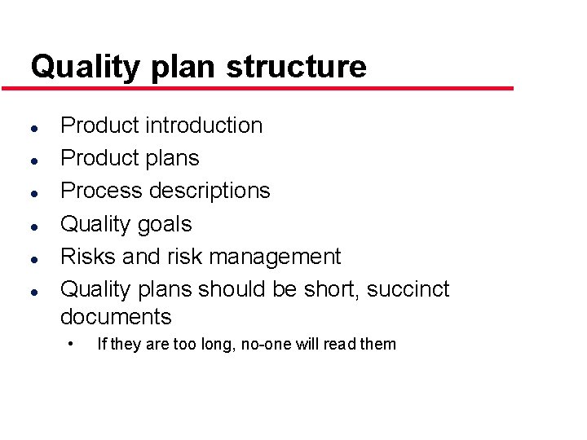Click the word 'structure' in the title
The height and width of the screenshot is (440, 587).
pyautogui.click(x=297, y=67)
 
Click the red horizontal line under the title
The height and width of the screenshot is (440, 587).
pyautogui.click(x=269, y=88)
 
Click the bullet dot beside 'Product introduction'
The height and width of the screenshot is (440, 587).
pyautogui.click(x=29, y=128)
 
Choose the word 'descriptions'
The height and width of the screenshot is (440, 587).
pyautogui.click(x=211, y=191)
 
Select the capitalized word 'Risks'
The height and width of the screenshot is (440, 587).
pyautogui.click(x=88, y=257)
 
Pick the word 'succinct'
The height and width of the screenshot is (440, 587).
pyautogui.click(x=408, y=289)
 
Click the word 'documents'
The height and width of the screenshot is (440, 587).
pyautogui.click(x=116, y=317)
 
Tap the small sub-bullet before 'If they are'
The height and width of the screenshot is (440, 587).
pyautogui.click(x=72, y=342)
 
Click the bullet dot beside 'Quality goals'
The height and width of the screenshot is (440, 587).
pyautogui.click(x=29, y=226)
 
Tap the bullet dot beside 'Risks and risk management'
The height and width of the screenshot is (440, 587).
pyautogui.click(x=29, y=258)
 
